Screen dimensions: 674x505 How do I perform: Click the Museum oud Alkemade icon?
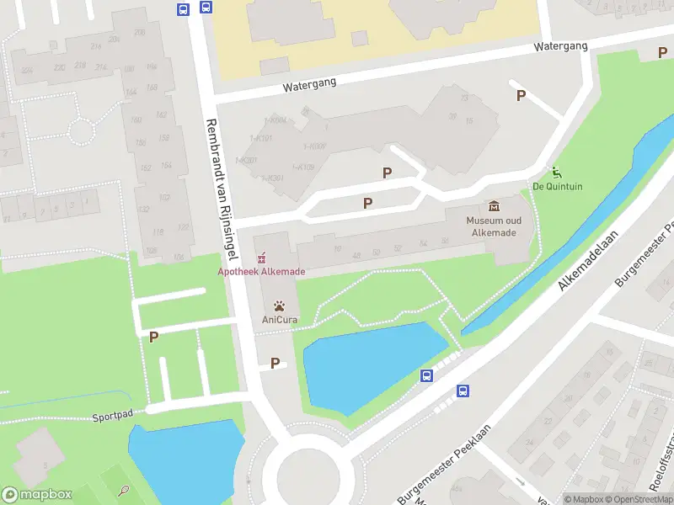click(x=493, y=206)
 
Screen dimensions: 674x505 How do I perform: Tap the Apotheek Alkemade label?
click(x=261, y=272)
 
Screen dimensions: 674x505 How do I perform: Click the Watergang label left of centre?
click(x=309, y=84)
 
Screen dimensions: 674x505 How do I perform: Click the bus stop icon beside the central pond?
click(x=427, y=376)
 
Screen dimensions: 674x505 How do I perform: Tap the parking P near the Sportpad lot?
click(x=153, y=337)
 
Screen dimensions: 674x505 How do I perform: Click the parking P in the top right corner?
click(x=661, y=53)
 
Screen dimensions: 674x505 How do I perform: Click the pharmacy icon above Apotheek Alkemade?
click(x=261, y=257)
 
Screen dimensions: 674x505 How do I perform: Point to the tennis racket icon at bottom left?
click(x=124, y=490)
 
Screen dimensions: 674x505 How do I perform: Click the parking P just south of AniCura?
click(x=275, y=364)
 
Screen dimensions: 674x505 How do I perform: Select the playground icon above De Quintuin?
click(x=555, y=171)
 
